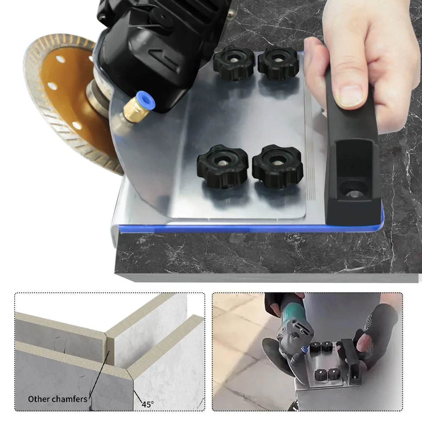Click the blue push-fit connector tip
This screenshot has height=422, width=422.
click(146, 101)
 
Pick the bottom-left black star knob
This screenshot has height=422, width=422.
click(223, 166)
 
